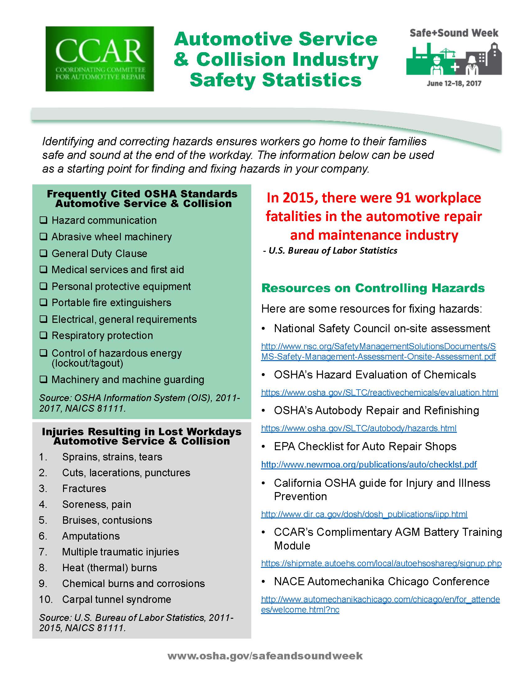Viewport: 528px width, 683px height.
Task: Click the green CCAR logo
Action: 99,59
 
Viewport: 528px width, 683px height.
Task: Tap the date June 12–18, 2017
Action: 453,83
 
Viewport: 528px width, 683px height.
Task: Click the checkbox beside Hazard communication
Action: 43,220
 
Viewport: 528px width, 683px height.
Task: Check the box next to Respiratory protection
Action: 43,335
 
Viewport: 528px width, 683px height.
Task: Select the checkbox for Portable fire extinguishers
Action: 43,302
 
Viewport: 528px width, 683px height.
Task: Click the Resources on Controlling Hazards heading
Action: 373,288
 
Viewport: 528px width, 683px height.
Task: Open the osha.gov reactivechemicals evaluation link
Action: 380,392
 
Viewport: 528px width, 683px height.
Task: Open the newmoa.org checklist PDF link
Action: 369,464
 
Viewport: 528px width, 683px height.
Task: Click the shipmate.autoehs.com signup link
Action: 381,563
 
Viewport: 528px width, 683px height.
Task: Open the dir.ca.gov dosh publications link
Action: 364,514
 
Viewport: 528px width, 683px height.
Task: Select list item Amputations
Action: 91,536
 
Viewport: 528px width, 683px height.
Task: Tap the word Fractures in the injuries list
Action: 84,488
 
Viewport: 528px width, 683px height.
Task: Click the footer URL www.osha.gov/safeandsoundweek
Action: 265,656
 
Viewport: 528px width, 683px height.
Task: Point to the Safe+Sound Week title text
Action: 453,33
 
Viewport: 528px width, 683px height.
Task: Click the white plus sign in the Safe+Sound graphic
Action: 455,67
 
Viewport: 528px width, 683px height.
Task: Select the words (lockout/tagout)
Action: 87,364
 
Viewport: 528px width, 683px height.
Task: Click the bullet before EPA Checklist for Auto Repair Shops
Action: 264,447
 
